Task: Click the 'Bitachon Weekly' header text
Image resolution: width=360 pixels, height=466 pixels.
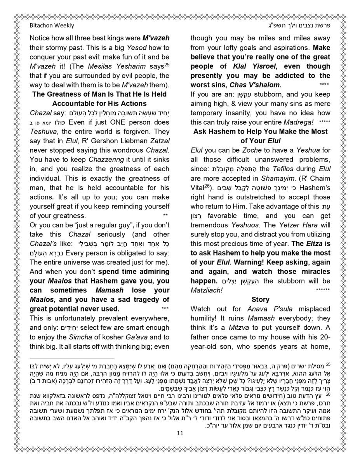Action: coord(52,26)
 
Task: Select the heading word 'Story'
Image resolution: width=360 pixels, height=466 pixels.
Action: coord(260,299)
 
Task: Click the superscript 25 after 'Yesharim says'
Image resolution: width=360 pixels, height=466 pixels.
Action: coord(167,64)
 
